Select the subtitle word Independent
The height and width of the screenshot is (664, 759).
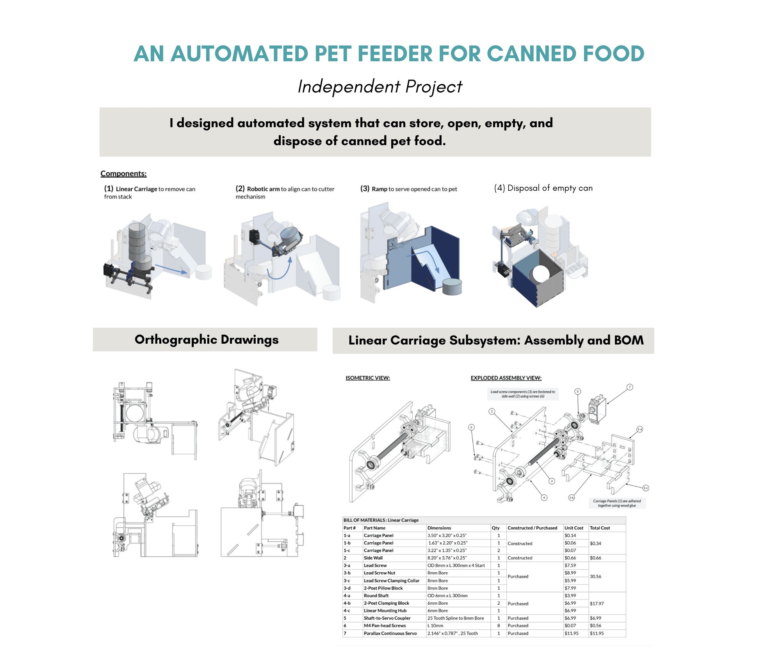(x=349, y=87)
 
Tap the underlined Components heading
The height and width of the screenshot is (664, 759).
(x=123, y=174)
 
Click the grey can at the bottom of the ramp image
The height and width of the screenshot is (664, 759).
(x=452, y=286)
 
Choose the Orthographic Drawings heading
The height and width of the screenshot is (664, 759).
(x=207, y=340)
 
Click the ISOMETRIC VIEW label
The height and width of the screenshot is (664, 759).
(x=368, y=378)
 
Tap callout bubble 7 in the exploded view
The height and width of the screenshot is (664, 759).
(x=629, y=387)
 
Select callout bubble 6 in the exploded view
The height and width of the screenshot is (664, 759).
(x=472, y=427)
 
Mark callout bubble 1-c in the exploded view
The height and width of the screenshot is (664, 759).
(x=646, y=488)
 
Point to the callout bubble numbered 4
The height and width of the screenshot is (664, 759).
(x=544, y=497)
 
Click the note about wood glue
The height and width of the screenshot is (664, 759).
(x=617, y=503)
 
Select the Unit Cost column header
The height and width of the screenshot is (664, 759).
(x=574, y=528)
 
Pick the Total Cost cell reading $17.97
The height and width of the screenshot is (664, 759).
(x=597, y=604)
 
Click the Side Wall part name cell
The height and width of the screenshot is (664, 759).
(x=373, y=558)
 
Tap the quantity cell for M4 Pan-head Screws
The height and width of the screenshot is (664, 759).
(x=499, y=626)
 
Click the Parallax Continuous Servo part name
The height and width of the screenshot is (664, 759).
(x=390, y=633)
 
